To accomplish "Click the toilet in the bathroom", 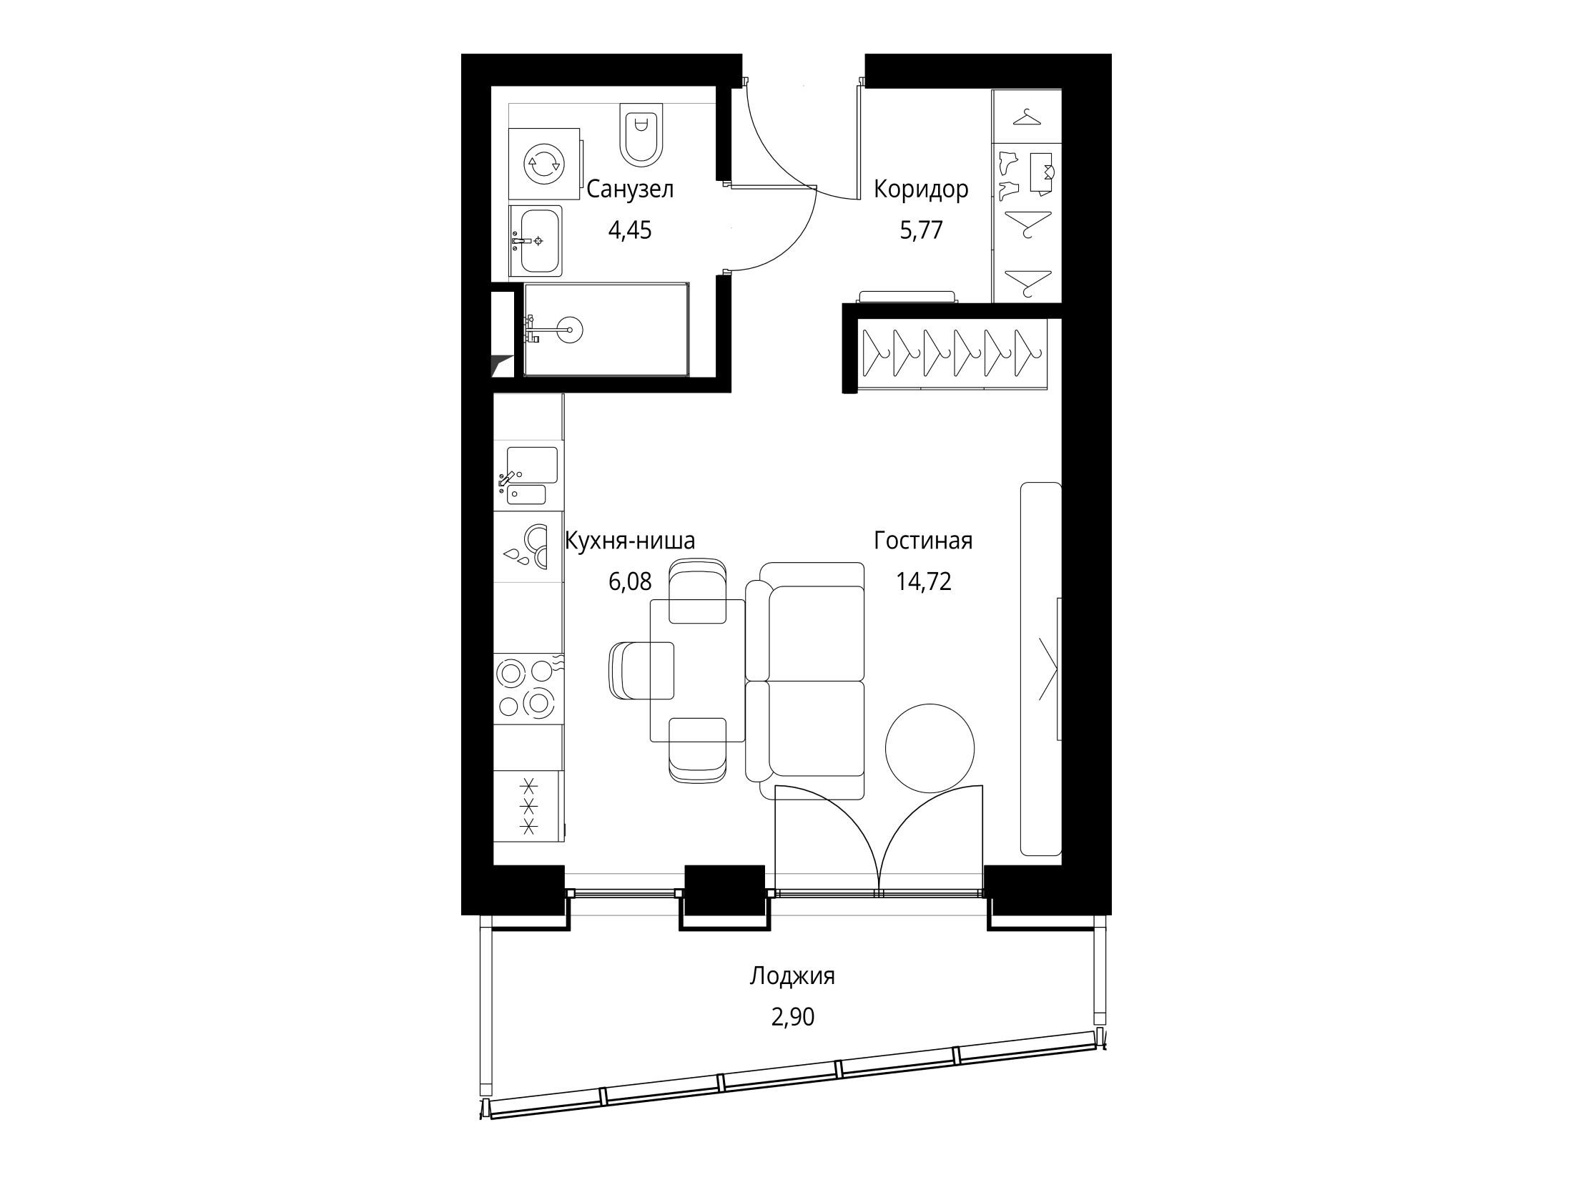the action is (x=642, y=135).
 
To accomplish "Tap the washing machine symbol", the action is (x=544, y=164).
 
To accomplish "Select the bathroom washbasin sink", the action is (x=536, y=241).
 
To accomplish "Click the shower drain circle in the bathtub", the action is (x=571, y=329).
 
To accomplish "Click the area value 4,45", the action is (x=630, y=230).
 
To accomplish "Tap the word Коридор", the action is (x=922, y=190).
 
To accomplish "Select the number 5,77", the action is (x=922, y=230).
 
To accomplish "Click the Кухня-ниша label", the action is (x=630, y=541).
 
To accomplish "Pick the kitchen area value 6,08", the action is (x=630, y=581).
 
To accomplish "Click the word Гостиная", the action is (x=923, y=541).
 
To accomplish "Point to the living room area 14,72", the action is (x=924, y=581).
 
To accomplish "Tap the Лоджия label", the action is (x=792, y=977).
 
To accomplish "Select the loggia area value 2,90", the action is (x=792, y=1016).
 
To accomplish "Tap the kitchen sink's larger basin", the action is (x=532, y=464).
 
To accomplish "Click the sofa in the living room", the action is (x=805, y=681).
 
